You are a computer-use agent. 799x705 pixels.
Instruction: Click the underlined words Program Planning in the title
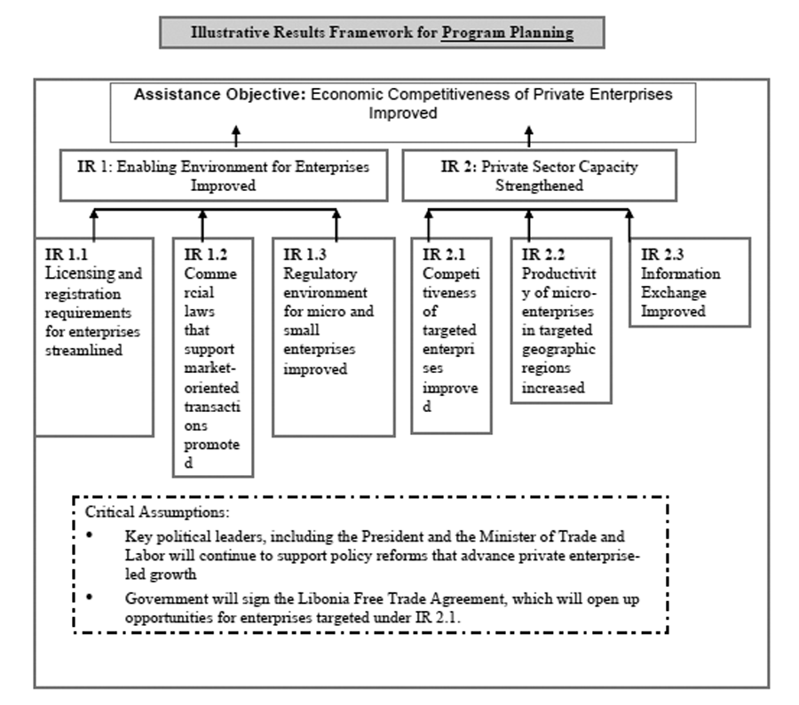point(507,32)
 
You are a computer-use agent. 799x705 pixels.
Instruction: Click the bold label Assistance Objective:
point(219,94)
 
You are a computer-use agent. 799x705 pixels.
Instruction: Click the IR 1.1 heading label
point(67,254)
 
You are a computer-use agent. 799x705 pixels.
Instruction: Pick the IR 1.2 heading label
point(205,254)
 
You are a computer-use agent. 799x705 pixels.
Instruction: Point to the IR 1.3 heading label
point(305,254)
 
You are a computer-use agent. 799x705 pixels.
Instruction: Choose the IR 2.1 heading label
point(444,254)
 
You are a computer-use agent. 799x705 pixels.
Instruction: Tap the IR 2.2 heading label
point(543,254)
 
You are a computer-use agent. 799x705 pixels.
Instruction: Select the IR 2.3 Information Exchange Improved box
point(690,281)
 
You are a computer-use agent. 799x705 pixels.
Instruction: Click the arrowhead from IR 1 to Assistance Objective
point(236,131)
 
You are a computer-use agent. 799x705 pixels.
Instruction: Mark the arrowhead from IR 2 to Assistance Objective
point(529,131)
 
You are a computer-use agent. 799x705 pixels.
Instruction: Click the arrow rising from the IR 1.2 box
point(202,225)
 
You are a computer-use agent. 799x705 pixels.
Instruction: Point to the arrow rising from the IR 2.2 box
point(529,225)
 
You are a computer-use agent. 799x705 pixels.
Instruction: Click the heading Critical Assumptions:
point(157,511)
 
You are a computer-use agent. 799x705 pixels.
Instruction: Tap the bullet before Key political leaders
point(90,535)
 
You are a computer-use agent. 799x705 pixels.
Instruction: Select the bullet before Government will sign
point(90,597)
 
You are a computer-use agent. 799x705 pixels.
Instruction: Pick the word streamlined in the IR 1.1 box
point(83,350)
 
